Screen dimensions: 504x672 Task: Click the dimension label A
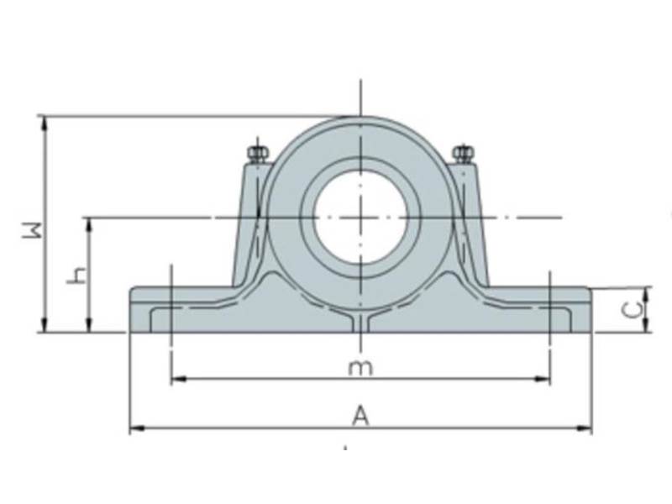(360, 414)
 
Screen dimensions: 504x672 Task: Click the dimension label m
(360, 367)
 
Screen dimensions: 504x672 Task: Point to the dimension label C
(636, 309)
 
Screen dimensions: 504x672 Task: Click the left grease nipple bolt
(256, 153)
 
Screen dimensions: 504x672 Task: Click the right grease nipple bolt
(463, 153)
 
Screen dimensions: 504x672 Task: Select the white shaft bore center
(360, 216)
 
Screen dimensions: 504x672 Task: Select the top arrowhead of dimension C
(646, 291)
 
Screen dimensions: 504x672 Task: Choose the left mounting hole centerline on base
(171, 309)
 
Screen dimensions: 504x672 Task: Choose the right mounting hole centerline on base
(549, 309)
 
